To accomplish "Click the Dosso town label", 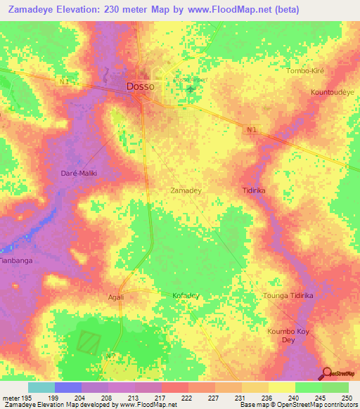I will click(141, 86).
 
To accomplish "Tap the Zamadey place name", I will click(188, 190).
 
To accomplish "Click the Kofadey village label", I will click(186, 296).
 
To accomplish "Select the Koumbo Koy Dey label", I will click(288, 335).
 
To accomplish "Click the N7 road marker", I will click(110, 356).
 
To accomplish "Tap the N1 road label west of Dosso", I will click(65, 82).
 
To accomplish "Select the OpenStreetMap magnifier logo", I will click(326, 374).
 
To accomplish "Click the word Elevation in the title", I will click(77, 9).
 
